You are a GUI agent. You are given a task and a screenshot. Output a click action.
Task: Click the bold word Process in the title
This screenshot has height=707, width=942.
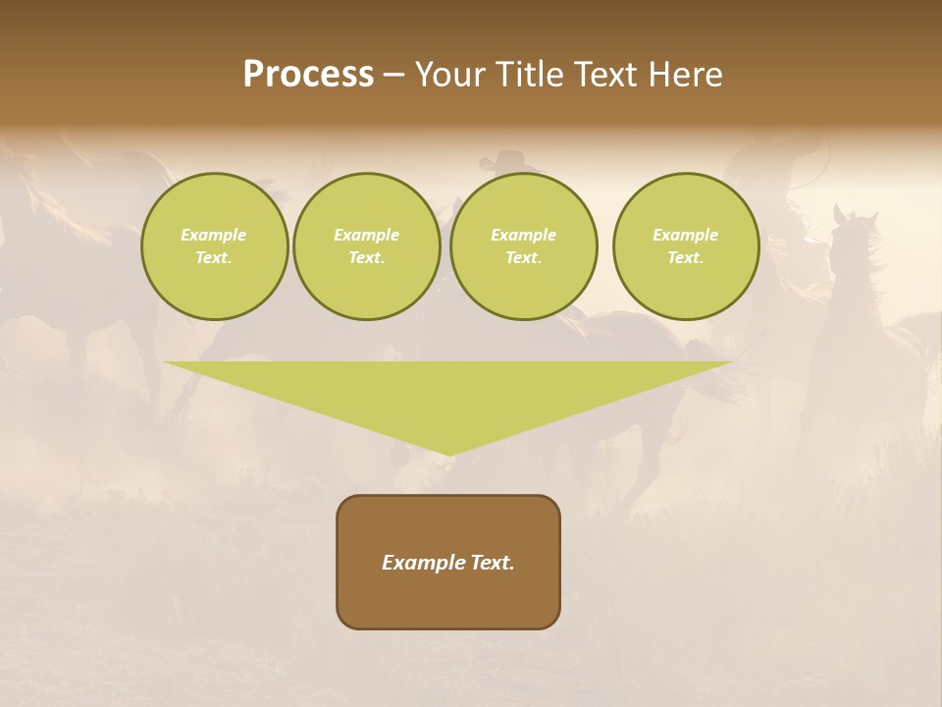pos(308,75)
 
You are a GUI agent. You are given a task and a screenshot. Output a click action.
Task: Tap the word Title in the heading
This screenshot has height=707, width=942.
pos(528,75)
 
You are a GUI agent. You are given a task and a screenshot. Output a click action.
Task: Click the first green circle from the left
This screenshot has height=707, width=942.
pos(214,246)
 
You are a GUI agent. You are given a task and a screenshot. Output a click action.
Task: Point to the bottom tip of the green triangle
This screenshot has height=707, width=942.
pos(448,453)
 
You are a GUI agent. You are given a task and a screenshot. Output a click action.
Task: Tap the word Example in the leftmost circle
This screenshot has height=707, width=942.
pos(214,235)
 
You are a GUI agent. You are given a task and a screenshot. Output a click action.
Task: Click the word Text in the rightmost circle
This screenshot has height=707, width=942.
pos(686,258)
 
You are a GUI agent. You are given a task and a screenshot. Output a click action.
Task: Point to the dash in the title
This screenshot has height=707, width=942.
pos(393,76)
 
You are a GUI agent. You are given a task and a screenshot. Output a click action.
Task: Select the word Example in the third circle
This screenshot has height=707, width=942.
pos(523,235)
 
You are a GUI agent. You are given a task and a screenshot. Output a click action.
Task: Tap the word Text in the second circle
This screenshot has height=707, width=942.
pos(367,258)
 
